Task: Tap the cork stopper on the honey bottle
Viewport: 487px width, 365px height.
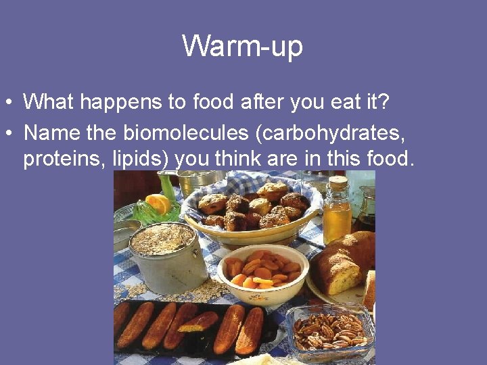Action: tap(338, 182)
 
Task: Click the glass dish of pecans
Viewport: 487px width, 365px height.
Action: tap(330, 331)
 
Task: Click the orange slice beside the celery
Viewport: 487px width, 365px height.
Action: tap(158, 202)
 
